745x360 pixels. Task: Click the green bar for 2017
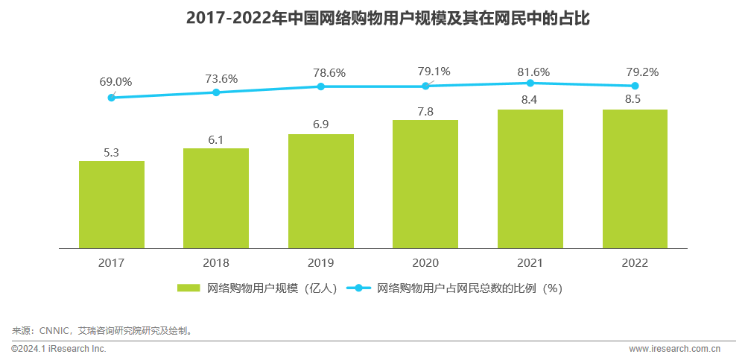[x=111, y=204]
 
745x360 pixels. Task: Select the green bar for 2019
[x=321, y=191]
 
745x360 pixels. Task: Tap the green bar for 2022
[x=635, y=179]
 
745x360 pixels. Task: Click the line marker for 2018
[x=216, y=92]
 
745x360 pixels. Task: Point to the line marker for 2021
[x=530, y=83]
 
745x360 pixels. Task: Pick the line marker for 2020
[x=425, y=86]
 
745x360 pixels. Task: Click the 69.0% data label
[x=115, y=81]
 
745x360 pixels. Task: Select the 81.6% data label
[x=533, y=72]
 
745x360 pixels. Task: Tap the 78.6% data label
[x=329, y=72]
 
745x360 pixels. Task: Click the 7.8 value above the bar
[x=425, y=111]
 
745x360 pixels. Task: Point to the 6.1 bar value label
[x=216, y=139]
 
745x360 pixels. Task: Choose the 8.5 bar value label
[x=635, y=101]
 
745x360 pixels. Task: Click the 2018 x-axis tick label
[x=216, y=263]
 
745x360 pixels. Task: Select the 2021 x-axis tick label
[x=530, y=263]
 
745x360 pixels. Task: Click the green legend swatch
[x=188, y=288]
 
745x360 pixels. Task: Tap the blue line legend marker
[x=358, y=288]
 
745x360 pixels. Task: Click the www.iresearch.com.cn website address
[x=674, y=349]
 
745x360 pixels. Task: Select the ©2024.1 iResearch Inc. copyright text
[x=59, y=349]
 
